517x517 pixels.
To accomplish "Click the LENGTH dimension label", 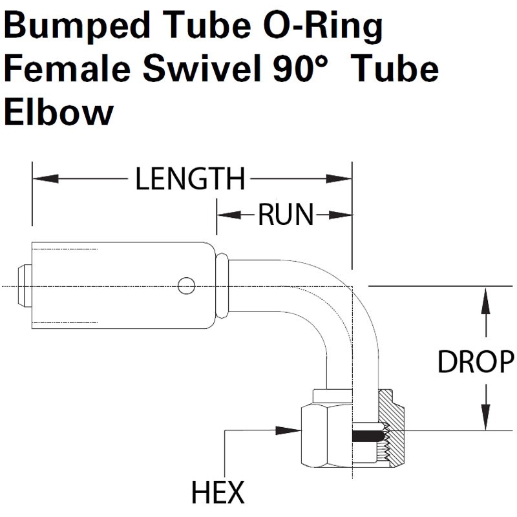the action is coord(190,179).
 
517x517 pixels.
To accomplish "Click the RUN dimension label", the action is coord(286,215).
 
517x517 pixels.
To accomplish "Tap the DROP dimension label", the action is coord(476,362).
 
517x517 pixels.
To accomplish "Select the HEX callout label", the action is coord(218,492).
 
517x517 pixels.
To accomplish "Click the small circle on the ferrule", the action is coord(186,286).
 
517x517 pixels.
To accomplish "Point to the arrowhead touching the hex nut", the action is coord(288,430).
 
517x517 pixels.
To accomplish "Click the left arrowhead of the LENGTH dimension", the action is coord(45,179).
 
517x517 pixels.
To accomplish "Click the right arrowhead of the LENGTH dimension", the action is coord(339,179).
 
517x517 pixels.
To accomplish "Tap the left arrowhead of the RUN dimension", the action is coord(229,215).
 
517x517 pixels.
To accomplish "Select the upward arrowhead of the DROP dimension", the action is coord(486,301).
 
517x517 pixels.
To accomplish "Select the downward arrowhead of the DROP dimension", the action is coord(486,417).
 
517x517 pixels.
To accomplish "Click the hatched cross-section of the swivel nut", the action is coord(392,428).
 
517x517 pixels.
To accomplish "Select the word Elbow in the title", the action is coord(59,112).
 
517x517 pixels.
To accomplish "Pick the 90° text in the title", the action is coord(301,69).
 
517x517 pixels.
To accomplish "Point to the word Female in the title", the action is coord(67,69).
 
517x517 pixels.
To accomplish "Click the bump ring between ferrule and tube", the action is coord(222,286).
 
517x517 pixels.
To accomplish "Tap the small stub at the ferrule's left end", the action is coord(25,286).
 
